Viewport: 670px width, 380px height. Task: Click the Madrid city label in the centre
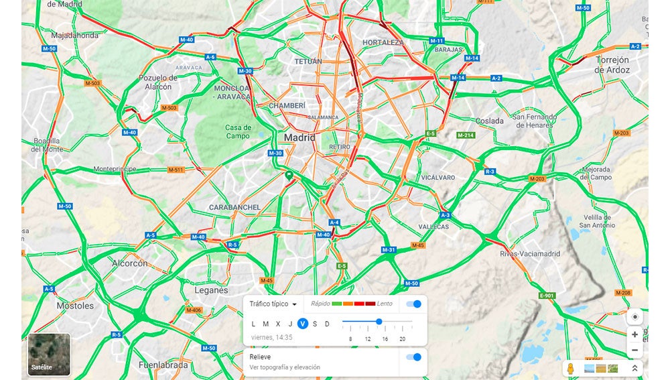[x=299, y=137]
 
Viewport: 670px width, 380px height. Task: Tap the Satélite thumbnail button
[x=48, y=354]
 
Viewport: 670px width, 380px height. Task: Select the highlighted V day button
[x=303, y=324]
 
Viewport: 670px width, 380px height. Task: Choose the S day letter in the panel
[x=315, y=324]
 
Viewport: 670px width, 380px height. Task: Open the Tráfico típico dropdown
[x=273, y=304]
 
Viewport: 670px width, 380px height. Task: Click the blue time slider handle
[x=379, y=322]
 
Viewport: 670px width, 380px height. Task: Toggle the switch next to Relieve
[x=414, y=357]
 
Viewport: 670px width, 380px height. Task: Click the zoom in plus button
[x=634, y=334]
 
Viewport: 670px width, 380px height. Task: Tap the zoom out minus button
[x=634, y=351]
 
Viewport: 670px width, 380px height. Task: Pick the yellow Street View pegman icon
[x=571, y=369]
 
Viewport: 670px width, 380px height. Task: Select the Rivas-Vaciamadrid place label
[x=525, y=254]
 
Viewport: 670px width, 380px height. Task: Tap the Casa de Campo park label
[x=238, y=131]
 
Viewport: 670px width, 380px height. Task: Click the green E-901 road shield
[x=547, y=296]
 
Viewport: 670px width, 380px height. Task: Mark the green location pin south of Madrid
[x=289, y=176]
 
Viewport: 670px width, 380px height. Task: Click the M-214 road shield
[x=466, y=135]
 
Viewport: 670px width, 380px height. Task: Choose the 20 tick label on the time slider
[x=403, y=339]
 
